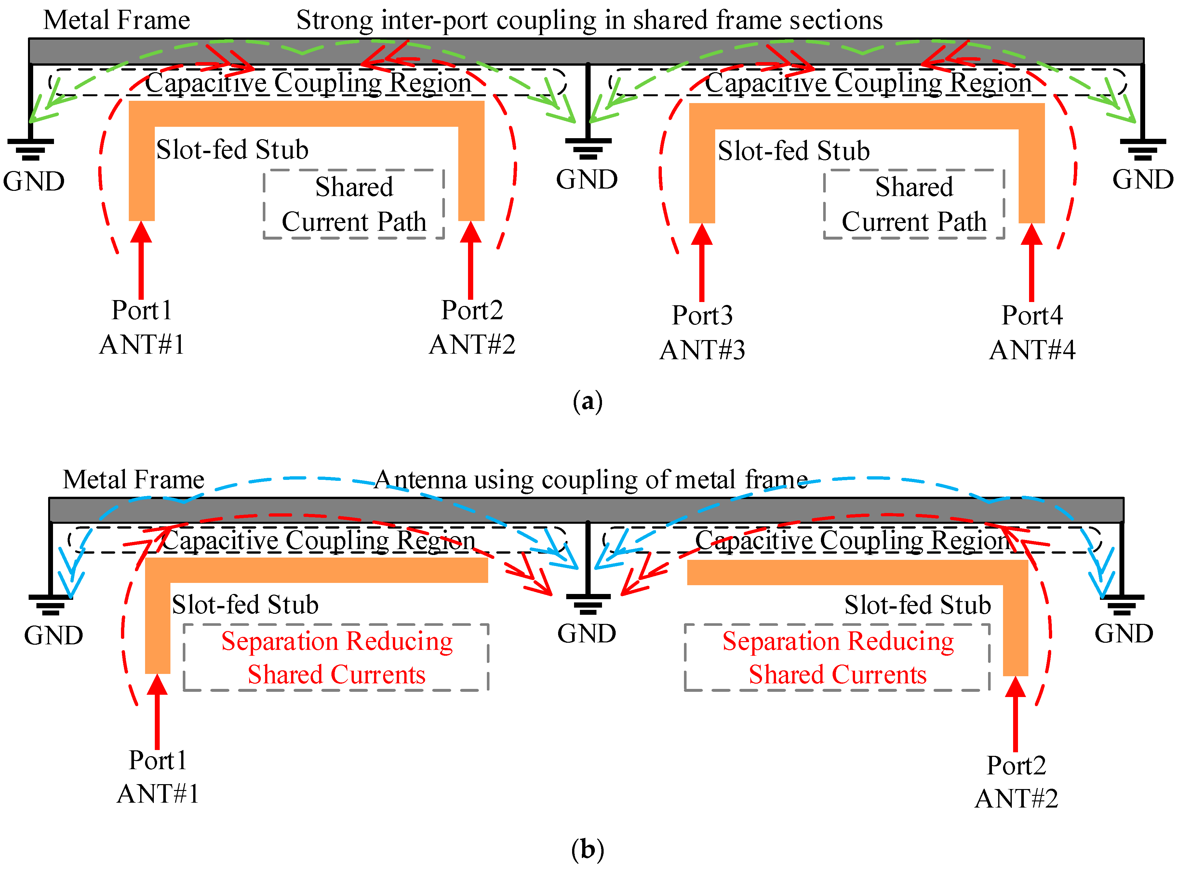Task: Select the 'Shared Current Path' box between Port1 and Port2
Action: point(354,204)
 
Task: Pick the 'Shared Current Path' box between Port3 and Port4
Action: point(914,204)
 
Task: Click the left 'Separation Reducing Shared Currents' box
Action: point(336,658)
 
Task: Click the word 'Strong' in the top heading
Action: point(335,20)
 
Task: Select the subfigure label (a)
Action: point(588,402)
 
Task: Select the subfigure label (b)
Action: point(588,849)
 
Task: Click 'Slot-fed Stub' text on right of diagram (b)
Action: point(917,605)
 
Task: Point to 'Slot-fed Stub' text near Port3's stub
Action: point(793,151)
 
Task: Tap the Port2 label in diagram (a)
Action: point(472,310)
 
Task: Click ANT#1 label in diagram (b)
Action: point(158,794)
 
